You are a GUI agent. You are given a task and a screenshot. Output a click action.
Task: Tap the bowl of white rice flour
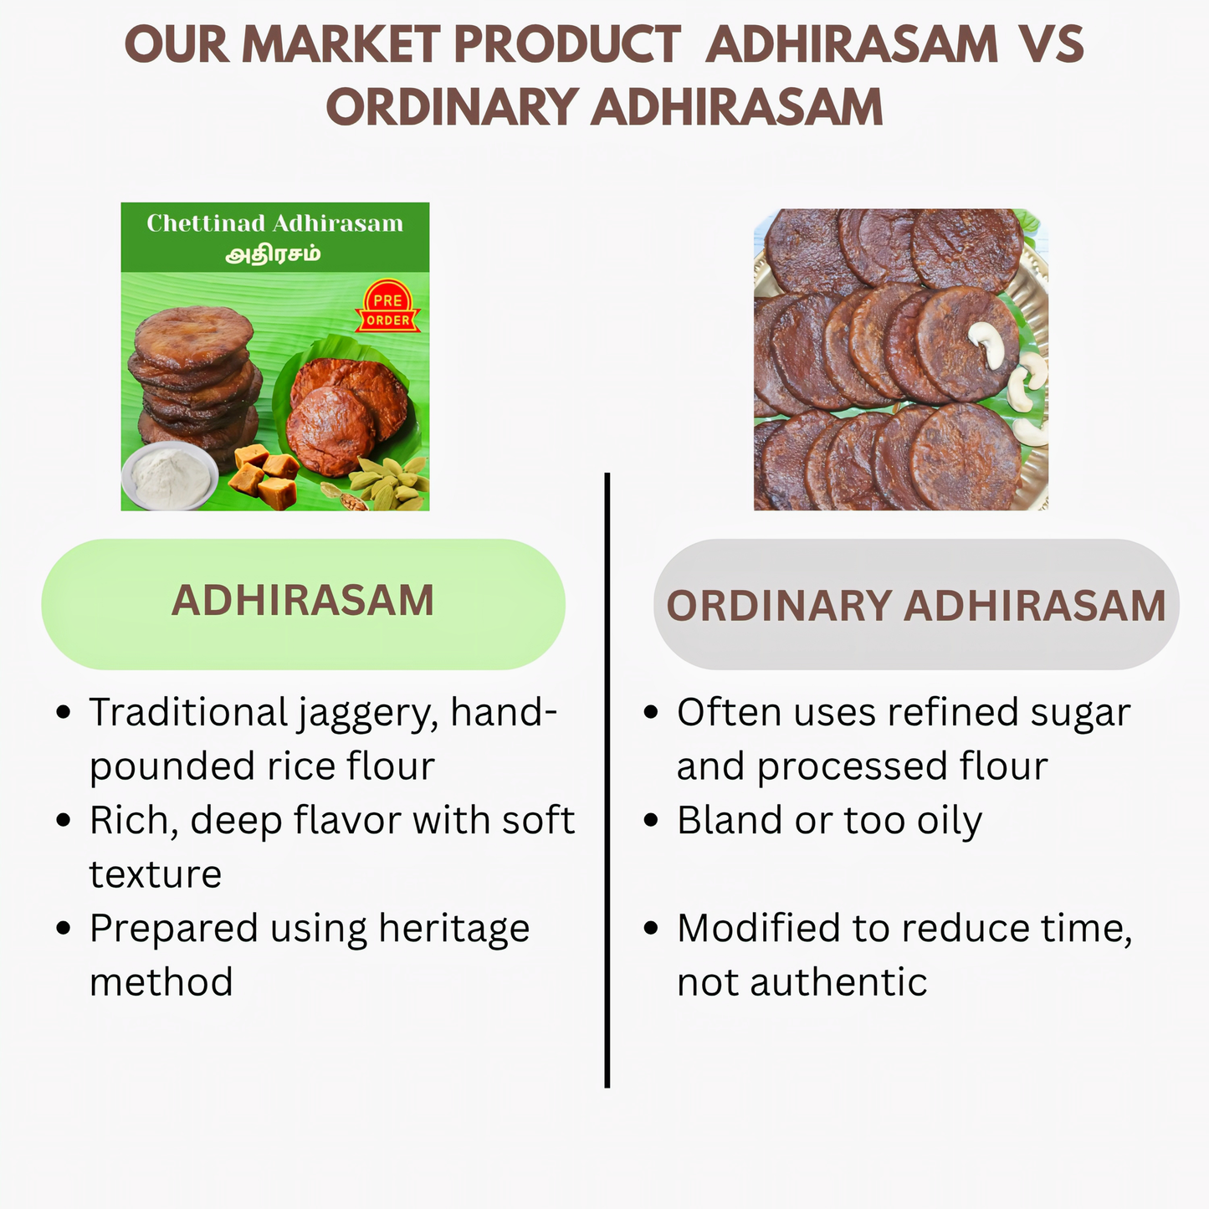(x=170, y=474)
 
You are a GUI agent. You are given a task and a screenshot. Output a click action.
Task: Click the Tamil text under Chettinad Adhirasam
(x=274, y=254)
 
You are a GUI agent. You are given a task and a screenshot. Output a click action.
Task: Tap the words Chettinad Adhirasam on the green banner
(x=274, y=223)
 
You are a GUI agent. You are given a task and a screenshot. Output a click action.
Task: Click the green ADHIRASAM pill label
(x=303, y=602)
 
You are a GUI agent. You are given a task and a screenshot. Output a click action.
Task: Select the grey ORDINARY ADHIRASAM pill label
(x=915, y=606)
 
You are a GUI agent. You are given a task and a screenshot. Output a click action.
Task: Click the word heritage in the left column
(x=453, y=929)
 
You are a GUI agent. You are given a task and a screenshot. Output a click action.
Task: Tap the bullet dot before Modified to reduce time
(x=651, y=928)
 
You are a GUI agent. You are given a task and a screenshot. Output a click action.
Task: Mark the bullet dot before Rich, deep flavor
(x=64, y=820)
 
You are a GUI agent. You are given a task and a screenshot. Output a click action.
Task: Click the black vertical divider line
(x=607, y=778)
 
